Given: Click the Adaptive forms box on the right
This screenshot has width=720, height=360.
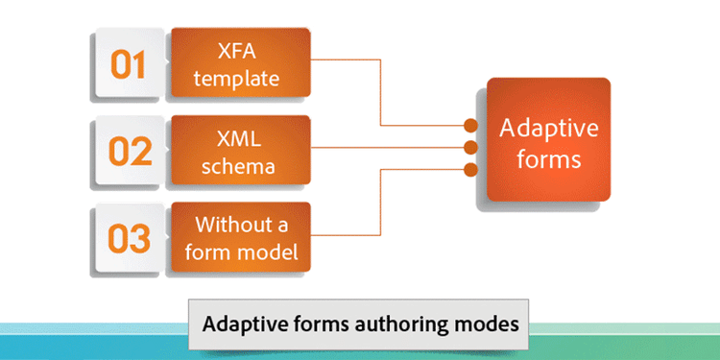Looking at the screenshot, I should (548, 141).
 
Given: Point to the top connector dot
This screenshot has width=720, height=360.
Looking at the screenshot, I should (470, 126).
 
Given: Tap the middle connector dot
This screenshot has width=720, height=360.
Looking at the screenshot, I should (470, 148).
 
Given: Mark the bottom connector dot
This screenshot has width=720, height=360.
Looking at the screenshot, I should (470, 170).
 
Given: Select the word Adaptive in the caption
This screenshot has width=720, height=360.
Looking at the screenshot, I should (240, 324).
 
